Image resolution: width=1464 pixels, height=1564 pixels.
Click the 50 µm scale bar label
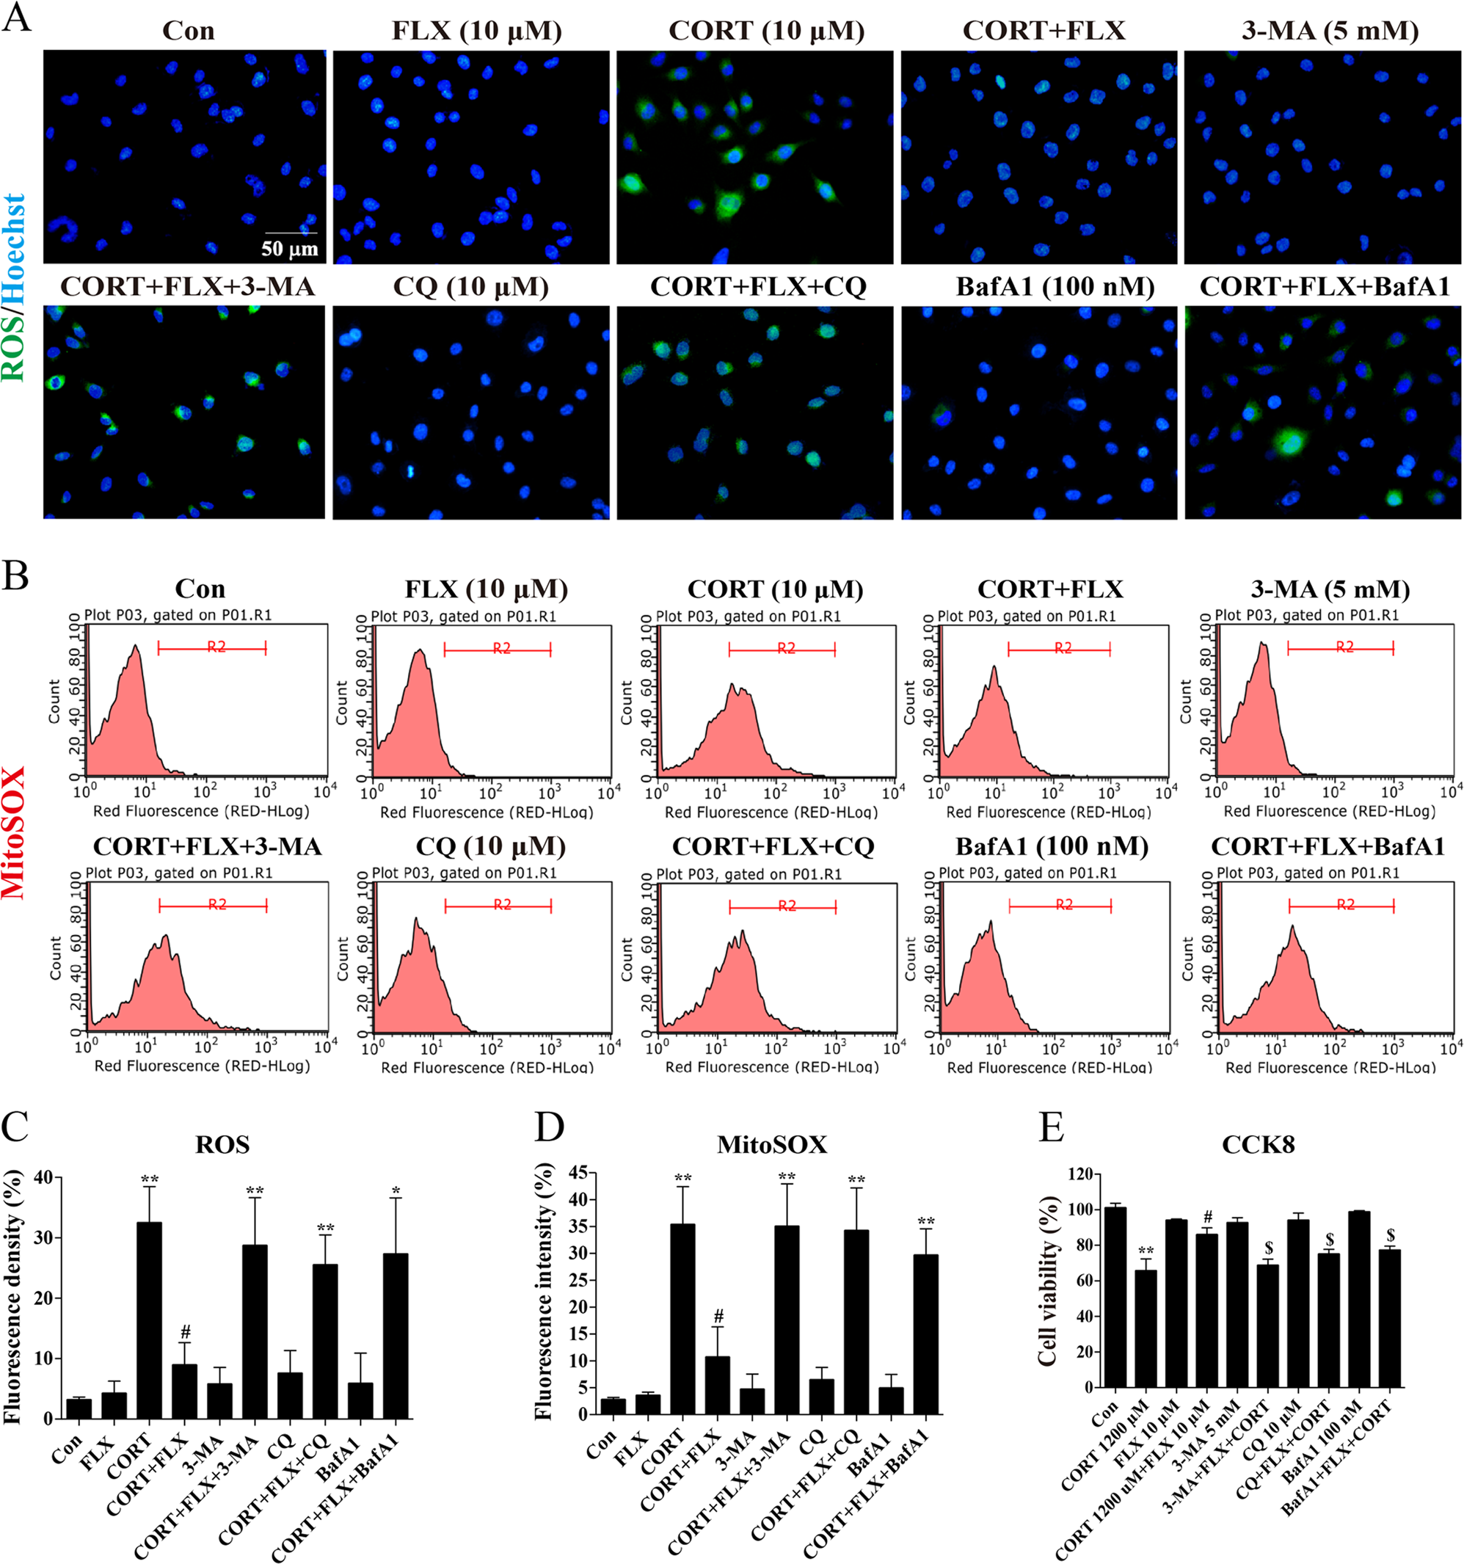coord(289,249)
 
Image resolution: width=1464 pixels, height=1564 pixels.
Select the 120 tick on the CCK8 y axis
coord(1080,1174)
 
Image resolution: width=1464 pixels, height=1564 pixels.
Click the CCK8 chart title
coord(1258,1144)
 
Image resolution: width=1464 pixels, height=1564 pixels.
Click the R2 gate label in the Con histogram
coord(216,647)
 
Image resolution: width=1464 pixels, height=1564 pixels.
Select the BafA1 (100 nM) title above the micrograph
coord(1055,286)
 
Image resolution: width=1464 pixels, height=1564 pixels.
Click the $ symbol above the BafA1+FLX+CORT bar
coord(1390,1236)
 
